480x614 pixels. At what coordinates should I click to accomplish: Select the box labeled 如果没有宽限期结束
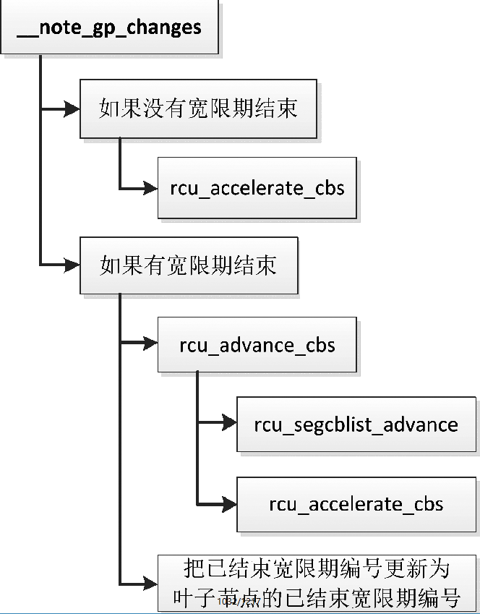click(x=198, y=108)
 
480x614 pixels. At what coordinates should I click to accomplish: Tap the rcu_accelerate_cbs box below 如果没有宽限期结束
click(x=257, y=188)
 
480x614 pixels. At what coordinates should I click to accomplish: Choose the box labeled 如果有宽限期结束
click(x=188, y=265)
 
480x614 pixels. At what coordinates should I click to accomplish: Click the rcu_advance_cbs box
click(x=257, y=344)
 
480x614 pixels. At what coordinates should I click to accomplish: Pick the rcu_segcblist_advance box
click(x=356, y=424)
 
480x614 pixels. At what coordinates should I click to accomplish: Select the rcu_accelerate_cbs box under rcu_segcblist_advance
click(x=356, y=503)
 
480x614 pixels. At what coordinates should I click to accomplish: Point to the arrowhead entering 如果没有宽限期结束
click(x=72, y=109)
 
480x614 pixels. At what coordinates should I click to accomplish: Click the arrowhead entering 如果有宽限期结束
click(x=72, y=265)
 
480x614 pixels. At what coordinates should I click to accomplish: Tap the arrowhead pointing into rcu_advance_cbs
click(x=150, y=344)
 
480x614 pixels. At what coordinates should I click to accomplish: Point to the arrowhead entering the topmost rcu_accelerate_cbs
click(x=150, y=188)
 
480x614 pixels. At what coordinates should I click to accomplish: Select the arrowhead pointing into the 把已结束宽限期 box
click(x=150, y=584)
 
